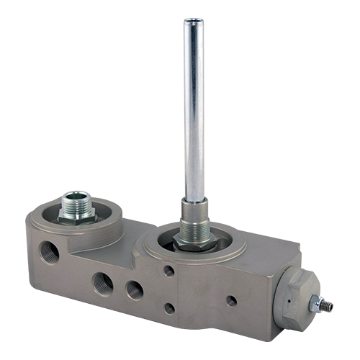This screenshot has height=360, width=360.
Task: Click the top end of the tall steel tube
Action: (x=192, y=23)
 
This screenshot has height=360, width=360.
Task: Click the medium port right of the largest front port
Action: (x=135, y=289)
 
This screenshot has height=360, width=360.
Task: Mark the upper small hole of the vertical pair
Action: (x=168, y=271)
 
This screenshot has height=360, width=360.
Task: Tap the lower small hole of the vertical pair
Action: (x=168, y=308)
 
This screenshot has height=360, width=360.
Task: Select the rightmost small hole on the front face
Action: (x=231, y=301)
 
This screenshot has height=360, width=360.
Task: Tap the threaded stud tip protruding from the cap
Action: (x=328, y=305)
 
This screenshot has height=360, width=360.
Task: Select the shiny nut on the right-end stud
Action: (x=316, y=303)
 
